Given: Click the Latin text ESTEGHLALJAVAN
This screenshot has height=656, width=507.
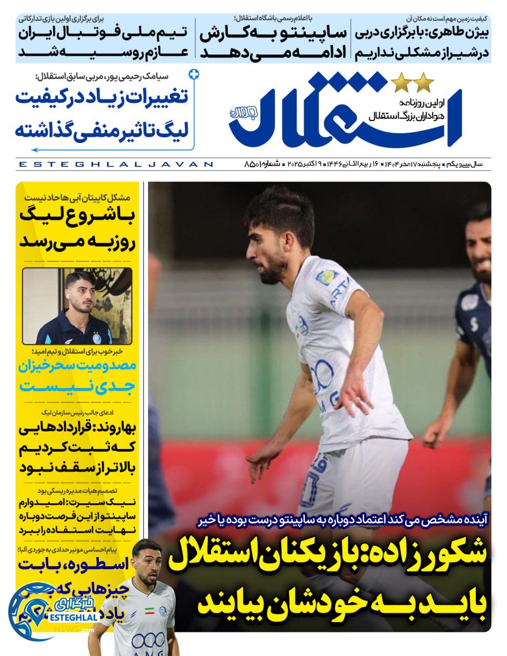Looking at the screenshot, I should pos(115,165).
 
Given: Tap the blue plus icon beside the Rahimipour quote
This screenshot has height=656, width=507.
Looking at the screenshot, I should pos(194,74).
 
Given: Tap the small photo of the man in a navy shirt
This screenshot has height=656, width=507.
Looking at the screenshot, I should pos(77,306).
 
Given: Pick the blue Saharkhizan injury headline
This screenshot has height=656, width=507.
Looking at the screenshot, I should pos(77,376).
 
